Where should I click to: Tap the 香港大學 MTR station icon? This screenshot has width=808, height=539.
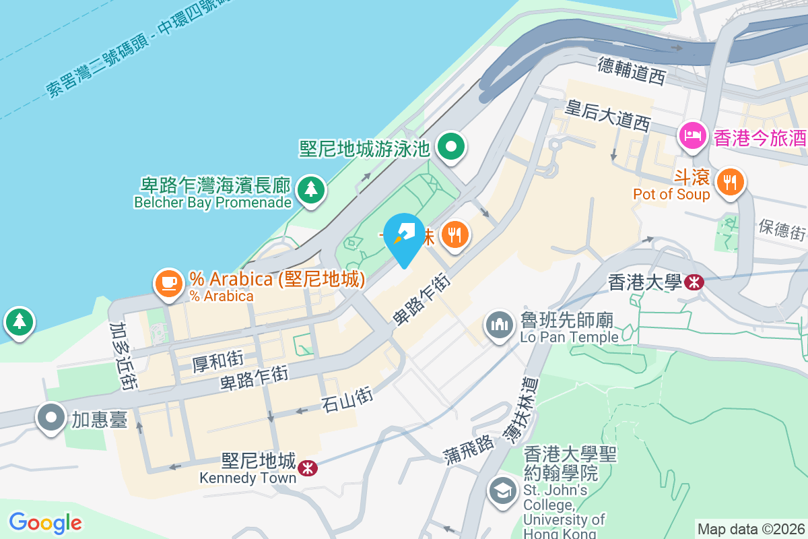click(x=694, y=282)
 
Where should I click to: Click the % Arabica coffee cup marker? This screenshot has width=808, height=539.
click(x=168, y=283)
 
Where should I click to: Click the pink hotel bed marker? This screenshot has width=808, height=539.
click(x=693, y=137)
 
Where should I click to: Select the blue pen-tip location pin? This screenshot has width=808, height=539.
click(x=404, y=236)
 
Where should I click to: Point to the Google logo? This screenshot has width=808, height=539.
click(x=45, y=523)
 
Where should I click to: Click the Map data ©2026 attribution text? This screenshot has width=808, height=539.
click(x=750, y=529)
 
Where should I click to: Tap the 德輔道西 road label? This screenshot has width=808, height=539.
click(x=632, y=71)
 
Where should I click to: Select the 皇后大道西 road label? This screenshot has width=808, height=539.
click(x=608, y=115)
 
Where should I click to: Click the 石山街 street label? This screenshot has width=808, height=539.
click(x=347, y=400)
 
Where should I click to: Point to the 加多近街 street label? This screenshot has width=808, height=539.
click(x=123, y=355)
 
